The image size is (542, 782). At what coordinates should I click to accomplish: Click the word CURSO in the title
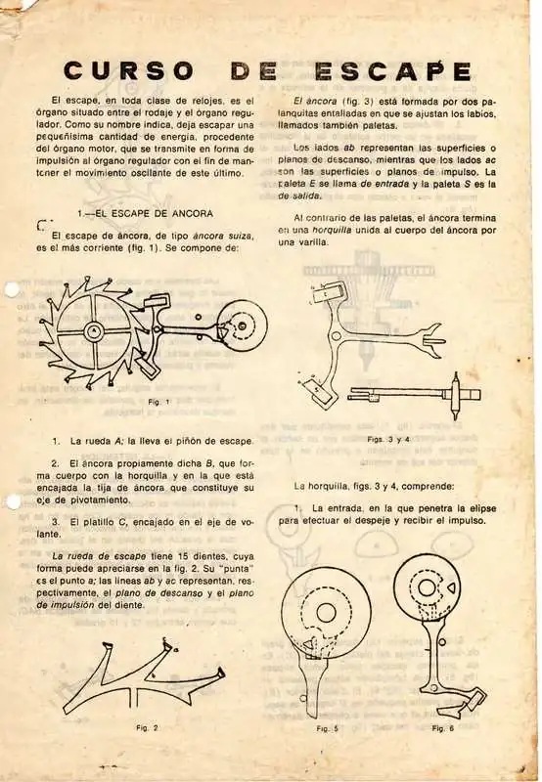point(127,71)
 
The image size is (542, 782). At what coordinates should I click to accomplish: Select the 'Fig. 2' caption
point(148,727)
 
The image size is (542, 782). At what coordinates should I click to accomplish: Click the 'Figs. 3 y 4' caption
point(388,439)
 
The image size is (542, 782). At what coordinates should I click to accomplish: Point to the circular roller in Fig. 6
point(436,591)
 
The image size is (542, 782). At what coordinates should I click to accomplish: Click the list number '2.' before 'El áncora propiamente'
point(57,461)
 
